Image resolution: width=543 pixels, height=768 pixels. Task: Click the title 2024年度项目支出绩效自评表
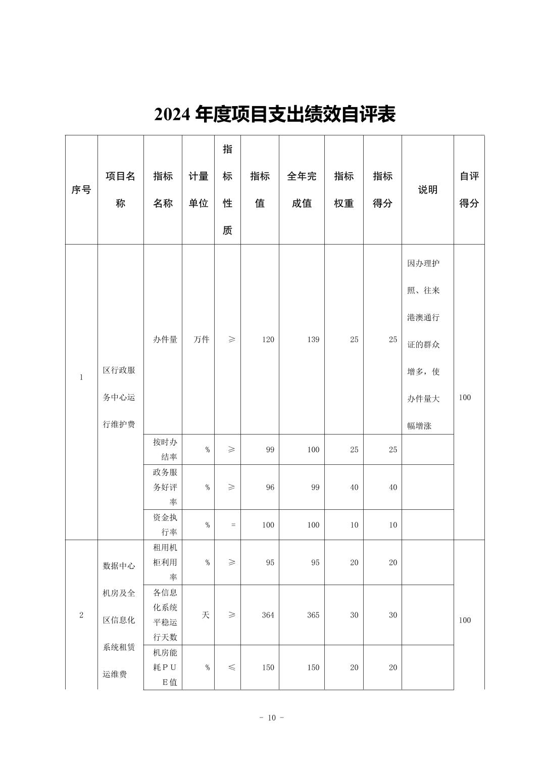coord(274,115)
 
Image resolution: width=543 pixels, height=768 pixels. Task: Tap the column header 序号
coord(81,190)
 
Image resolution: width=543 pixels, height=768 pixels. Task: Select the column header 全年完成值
coord(302,190)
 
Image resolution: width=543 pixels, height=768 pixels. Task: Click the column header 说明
coord(427,190)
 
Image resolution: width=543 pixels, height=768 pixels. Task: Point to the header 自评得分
coord(469,190)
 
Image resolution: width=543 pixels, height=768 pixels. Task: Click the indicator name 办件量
coord(165,340)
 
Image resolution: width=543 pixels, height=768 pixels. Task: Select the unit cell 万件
coord(202,340)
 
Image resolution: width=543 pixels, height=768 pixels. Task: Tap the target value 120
coord(268,340)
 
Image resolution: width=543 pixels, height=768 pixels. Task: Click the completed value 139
coord(313,340)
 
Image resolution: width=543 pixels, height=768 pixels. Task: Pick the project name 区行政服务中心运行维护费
coord(119,397)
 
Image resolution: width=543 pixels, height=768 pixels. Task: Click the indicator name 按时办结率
coord(165,449)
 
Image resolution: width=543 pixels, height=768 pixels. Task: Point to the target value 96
coord(270,488)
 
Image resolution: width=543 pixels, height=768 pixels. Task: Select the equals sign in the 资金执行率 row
coord(233,525)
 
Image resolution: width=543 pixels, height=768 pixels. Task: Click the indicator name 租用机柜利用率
coord(165,562)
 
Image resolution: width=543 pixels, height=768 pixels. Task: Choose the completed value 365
coord(313,615)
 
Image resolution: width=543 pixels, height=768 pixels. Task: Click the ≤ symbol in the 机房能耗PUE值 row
coord(231,667)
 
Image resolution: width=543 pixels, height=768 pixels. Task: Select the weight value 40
coord(354,488)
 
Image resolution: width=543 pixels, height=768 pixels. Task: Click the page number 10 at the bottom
coord(272,718)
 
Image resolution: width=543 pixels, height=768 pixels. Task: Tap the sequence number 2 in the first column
coord(81,615)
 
